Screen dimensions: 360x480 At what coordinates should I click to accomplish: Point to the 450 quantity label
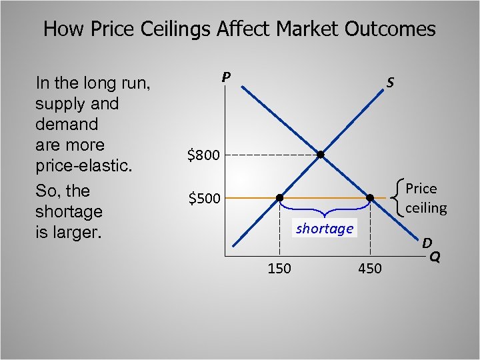click(x=370, y=269)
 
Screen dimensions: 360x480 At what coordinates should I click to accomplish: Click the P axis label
click(x=227, y=77)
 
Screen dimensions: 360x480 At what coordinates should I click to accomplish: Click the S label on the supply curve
click(x=390, y=83)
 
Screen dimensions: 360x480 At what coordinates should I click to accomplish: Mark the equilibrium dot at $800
click(x=321, y=155)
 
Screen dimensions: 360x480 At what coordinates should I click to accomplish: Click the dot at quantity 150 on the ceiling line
click(x=279, y=198)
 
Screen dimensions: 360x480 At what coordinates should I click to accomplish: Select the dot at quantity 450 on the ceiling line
click(x=370, y=198)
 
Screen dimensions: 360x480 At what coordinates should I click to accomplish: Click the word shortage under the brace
click(x=325, y=229)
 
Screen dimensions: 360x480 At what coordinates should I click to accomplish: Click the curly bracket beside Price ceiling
click(x=399, y=198)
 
